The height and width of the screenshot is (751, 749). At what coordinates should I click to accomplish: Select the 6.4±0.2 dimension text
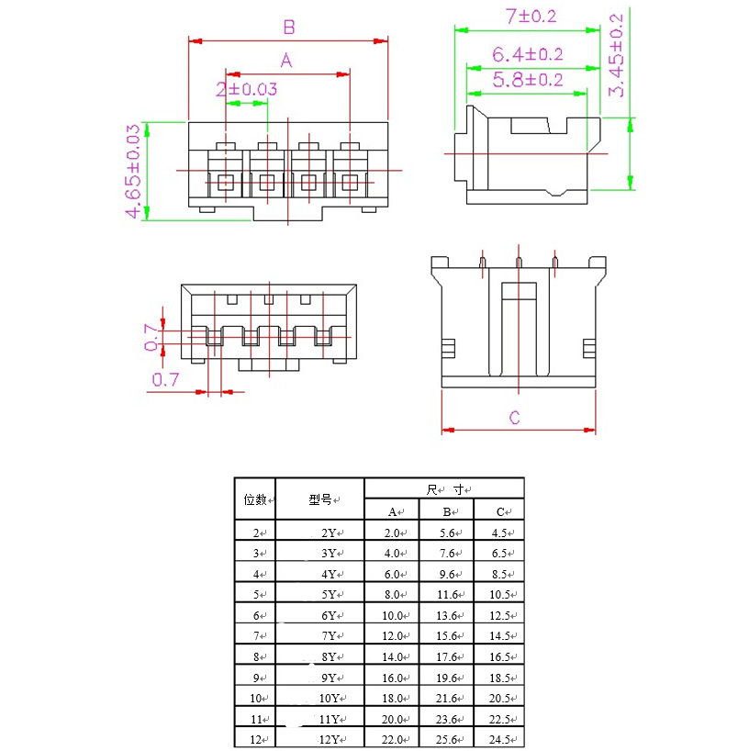pos(527,55)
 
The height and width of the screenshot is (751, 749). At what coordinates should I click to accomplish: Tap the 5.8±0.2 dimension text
pos(527,80)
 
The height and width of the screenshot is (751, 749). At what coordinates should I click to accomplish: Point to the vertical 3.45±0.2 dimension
pos(617,55)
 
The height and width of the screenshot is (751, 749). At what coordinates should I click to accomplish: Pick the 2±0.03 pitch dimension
pos(246,89)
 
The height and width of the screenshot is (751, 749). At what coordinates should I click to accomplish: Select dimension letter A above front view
pos(285,61)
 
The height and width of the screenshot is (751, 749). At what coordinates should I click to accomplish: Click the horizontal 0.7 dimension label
pos(165,378)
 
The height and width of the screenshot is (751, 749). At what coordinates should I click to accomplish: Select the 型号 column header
pos(321,500)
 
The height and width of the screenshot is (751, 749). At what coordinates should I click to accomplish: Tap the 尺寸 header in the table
pos(444,489)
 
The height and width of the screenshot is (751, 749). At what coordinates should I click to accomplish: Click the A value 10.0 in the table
pos(392,615)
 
